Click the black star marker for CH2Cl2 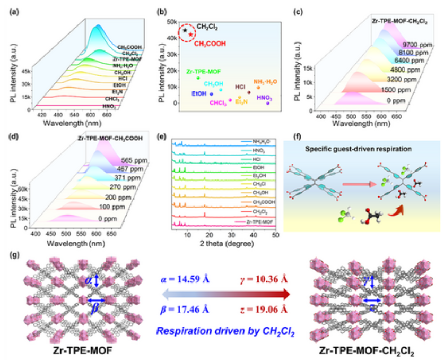185,30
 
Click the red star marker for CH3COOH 191,35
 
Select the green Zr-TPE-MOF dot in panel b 198,78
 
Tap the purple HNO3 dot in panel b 268,103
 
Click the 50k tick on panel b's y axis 171,21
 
